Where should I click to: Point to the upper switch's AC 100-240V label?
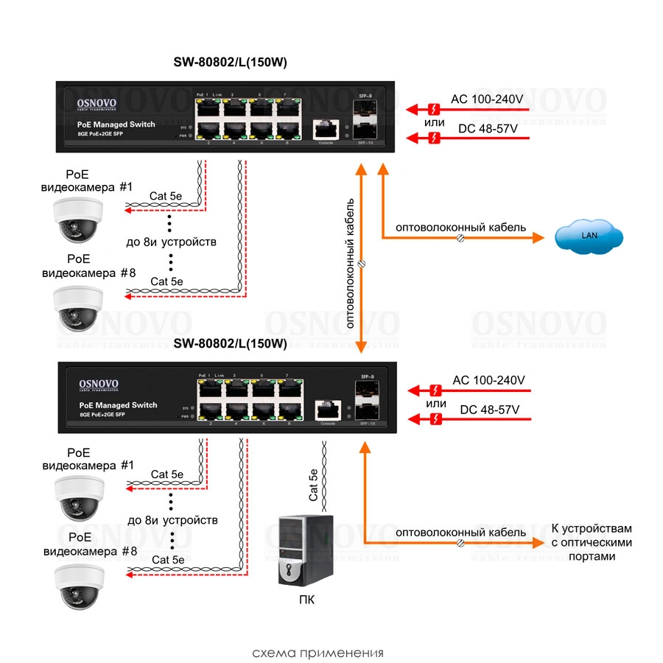click(487, 98)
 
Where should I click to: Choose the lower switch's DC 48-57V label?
click(489, 410)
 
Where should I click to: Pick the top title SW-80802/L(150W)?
click(230, 63)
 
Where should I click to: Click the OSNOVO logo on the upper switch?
click(102, 105)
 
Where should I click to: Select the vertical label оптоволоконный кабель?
click(351, 262)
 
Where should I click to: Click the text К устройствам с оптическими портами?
click(592, 542)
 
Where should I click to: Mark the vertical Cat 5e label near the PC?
click(314, 484)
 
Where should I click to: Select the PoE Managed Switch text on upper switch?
click(116, 124)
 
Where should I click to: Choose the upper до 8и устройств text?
click(171, 241)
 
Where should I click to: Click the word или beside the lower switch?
click(436, 404)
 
